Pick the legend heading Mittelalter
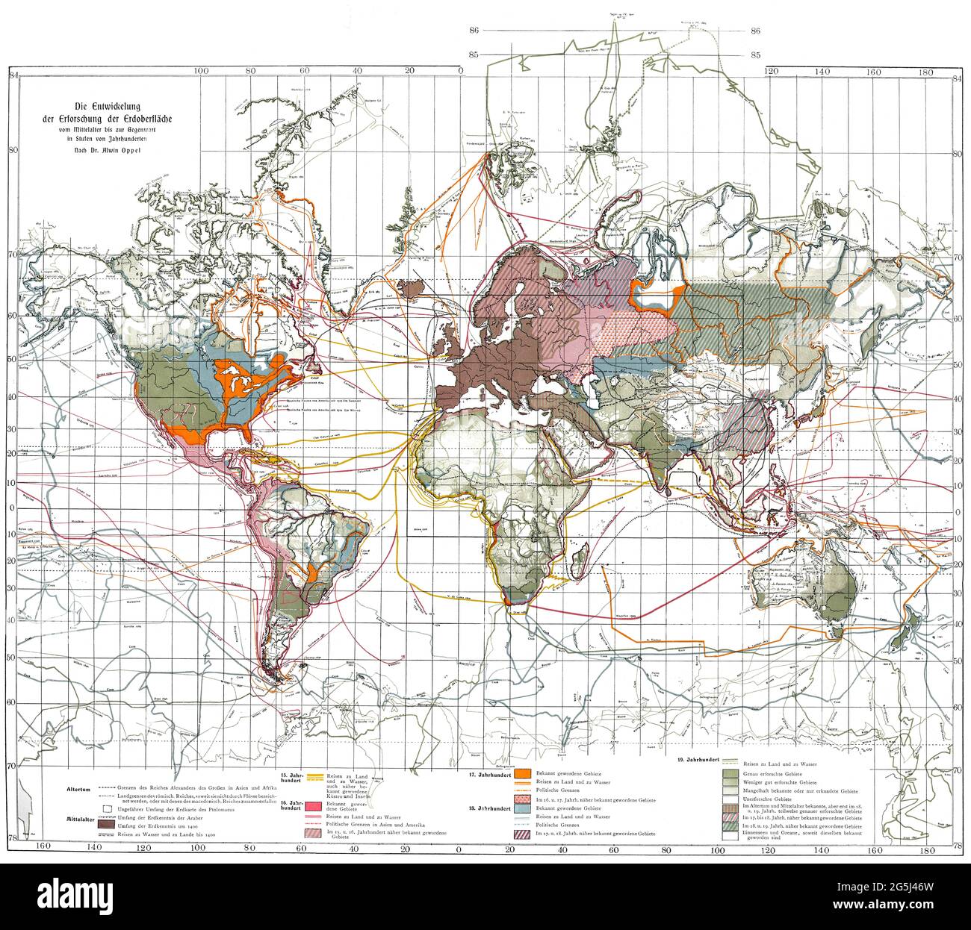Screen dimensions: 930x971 coord(76,819)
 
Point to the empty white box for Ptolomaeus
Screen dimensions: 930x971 coord(109,808)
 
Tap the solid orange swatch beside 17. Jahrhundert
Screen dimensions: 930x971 coord(522,773)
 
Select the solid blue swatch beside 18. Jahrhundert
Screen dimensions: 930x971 coord(522,808)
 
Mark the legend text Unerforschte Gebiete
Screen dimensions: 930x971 coord(766,799)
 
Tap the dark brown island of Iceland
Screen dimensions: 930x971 coord(410,287)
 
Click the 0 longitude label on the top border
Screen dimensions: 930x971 coord(461,71)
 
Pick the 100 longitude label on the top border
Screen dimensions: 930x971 coord(199,71)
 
